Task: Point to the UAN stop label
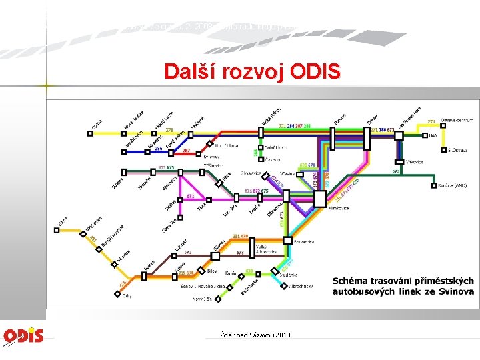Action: (x=433, y=135)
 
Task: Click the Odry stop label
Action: (x=127, y=296)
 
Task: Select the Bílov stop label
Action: (x=211, y=272)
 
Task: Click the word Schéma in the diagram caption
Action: (x=353, y=280)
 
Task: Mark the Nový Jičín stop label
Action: (x=201, y=299)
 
